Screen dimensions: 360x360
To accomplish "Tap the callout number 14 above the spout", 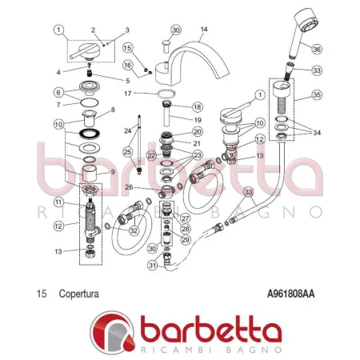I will (203, 30).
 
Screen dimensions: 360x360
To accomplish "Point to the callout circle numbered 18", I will (197, 106).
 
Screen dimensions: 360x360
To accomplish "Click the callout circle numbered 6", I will (59, 93).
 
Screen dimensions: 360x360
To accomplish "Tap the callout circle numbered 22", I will (152, 155).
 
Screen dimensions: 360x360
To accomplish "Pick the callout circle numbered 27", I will (185, 218).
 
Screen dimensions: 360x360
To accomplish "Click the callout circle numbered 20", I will (197, 130).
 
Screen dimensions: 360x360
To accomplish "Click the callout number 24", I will (127, 130).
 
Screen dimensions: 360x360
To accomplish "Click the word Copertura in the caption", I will (78, 294).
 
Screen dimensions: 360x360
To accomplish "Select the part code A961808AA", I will (290, 294).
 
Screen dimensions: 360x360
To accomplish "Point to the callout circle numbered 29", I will (185, 239).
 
